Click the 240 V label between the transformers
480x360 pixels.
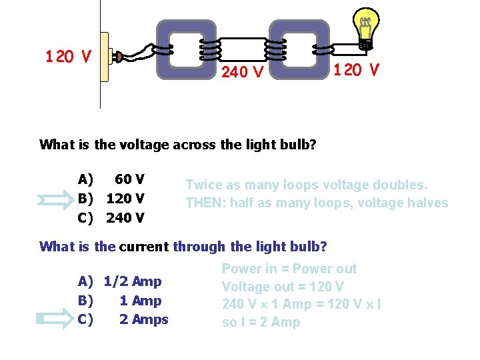tap(242, 71)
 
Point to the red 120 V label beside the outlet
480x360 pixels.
tap(69, 57)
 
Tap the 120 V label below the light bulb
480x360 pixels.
tap(357, 69)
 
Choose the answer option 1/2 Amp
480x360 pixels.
tap(133, 281)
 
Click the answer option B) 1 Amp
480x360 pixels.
tap(121, 301)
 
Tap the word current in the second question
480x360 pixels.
tap(144, 247)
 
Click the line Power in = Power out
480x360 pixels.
tap(289, 269)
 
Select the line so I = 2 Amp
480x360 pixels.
tap(261, 323)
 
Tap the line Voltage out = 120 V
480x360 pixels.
tap(283, 287)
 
